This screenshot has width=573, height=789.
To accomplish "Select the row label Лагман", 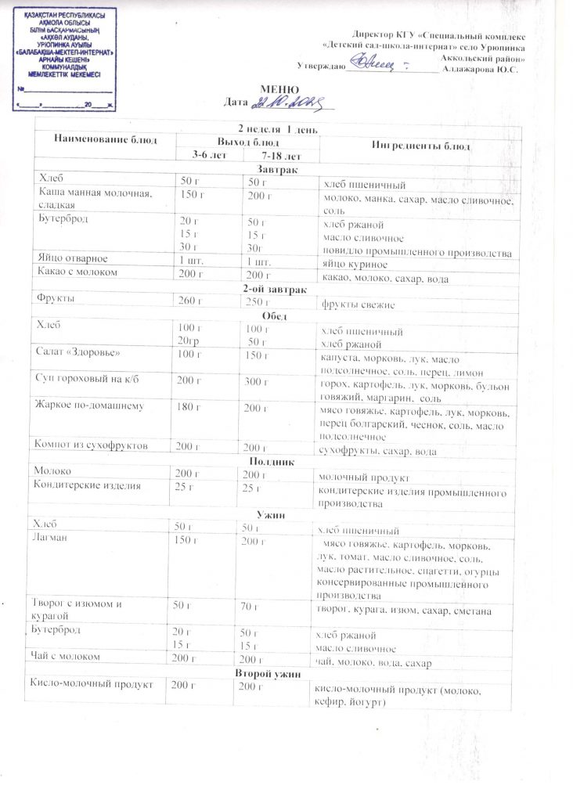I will point(49,539).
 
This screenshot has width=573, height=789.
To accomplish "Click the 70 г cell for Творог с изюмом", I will point(254,606).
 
